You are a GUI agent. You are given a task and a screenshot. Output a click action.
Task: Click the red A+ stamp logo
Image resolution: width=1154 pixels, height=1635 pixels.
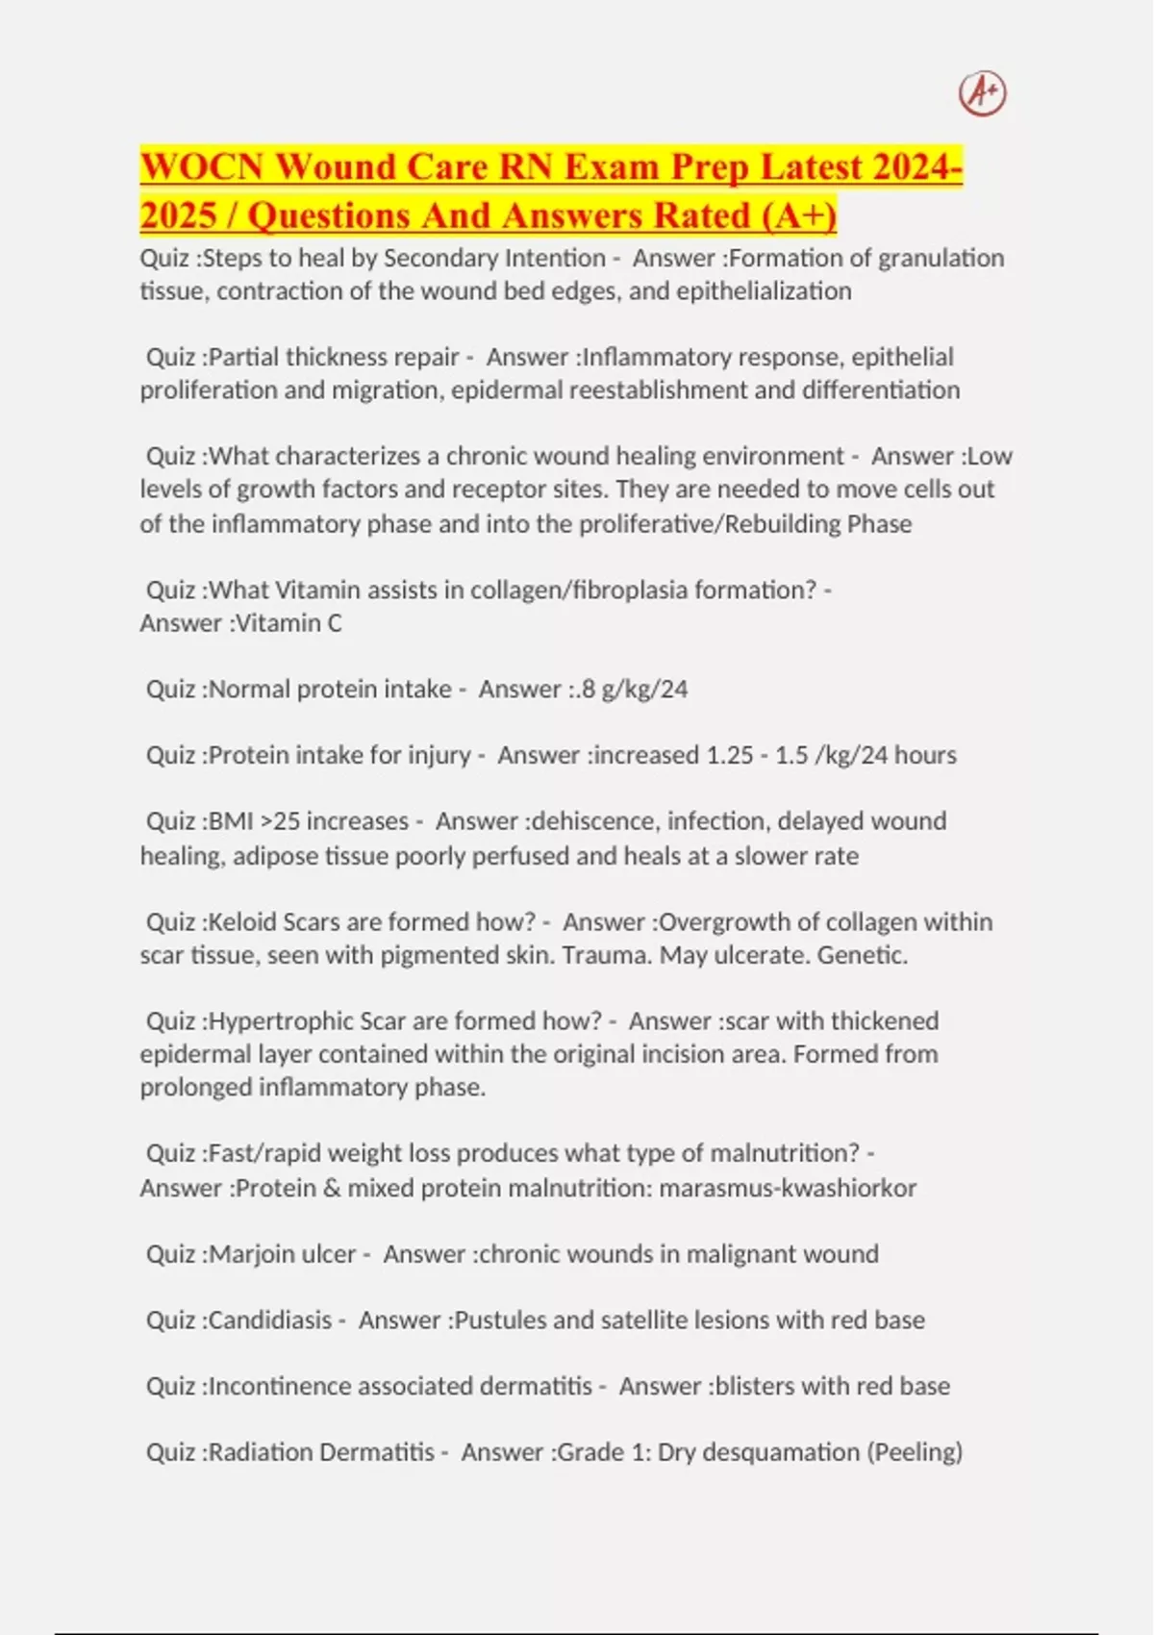(x=982, y=93)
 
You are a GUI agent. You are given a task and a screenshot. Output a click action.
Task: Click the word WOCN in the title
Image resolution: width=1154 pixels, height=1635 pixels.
(x=202, y=167)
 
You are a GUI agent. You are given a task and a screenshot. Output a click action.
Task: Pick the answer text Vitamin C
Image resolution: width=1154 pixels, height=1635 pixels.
(x=288, y=623)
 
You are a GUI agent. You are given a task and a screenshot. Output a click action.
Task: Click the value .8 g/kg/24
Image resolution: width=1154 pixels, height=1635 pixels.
(x=635, y=690)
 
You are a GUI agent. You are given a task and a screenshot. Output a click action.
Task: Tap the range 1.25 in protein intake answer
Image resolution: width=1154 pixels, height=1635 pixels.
(x=729, y=755)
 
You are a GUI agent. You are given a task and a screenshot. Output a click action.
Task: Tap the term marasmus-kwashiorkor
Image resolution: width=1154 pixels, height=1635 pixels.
(x=788, y=1189)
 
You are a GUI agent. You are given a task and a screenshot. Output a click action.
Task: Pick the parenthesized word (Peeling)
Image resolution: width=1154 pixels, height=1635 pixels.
(x=915, y=1452)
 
